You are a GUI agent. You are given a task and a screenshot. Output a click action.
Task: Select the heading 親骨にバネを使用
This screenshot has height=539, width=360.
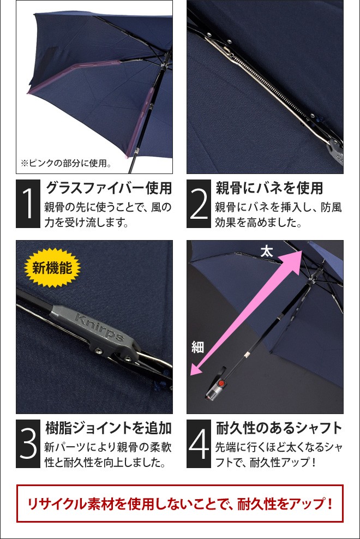269,188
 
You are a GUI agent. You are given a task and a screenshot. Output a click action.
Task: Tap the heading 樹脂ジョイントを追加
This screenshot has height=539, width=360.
108,427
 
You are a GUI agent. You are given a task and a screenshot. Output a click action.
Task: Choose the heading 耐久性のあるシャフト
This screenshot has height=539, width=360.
279,427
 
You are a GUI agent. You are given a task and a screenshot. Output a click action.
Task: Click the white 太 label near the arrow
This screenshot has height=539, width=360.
266,251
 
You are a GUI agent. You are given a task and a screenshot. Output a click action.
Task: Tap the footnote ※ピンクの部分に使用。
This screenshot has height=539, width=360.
65,163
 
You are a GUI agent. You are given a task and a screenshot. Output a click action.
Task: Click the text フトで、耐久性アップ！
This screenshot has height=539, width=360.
266,463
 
